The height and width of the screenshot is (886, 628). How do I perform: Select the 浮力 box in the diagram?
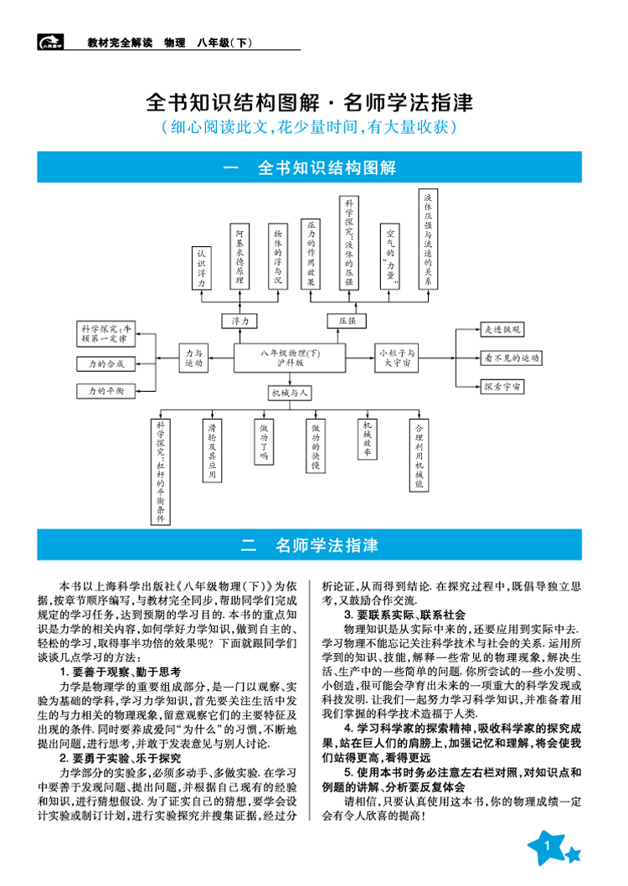click(239, 321)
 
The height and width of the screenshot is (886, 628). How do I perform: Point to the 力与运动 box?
click(193, 358)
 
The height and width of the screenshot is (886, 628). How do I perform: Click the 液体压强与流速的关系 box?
click(428, 240)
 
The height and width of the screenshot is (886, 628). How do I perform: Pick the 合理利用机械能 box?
click(420, 456)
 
